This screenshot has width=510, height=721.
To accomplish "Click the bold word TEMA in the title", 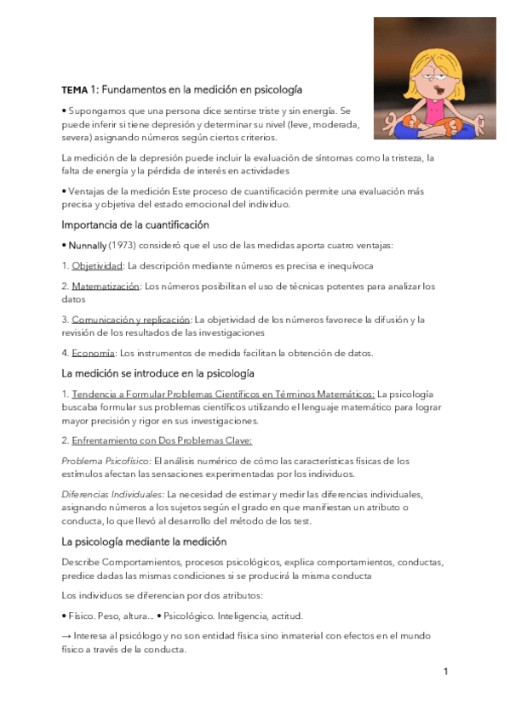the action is tap(74, 89).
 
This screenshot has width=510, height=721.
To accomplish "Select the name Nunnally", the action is tap(87, 246).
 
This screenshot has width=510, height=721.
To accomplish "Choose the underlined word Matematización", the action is tap(106, 287).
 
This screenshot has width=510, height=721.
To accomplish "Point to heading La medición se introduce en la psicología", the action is tap(158, 373).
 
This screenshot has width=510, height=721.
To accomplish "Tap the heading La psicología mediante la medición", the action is tap(144, 541).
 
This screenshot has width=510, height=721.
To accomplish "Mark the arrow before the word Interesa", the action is tap(67, 635).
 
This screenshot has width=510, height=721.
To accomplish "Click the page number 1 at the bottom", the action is tap(445, 672).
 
